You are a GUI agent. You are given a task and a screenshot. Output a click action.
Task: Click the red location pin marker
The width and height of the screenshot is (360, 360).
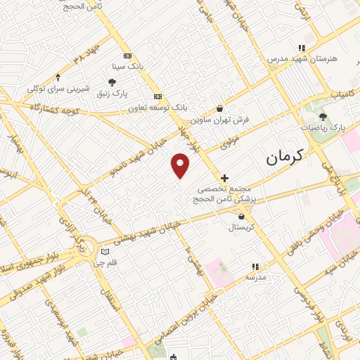(181, 165)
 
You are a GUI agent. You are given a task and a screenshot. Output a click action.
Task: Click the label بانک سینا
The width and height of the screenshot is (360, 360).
(127, 67)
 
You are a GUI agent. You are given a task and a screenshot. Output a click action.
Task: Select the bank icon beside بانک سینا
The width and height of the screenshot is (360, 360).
(127, 56)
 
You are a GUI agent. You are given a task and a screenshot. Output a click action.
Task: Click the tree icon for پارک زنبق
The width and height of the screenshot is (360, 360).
(112, 82)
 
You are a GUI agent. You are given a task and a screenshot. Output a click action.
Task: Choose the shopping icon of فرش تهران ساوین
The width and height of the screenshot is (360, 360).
(220, 108)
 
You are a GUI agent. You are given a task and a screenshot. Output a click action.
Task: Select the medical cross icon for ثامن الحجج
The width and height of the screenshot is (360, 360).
(224, 179)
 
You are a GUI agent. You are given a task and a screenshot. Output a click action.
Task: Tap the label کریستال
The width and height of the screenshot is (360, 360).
(242, 228)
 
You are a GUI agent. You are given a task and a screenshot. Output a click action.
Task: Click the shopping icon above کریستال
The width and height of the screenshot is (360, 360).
(242, 217)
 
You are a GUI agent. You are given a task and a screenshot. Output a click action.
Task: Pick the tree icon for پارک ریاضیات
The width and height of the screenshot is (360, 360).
(323, 117)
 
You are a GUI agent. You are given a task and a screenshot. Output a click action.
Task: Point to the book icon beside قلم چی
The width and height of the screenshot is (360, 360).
(105, 251)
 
